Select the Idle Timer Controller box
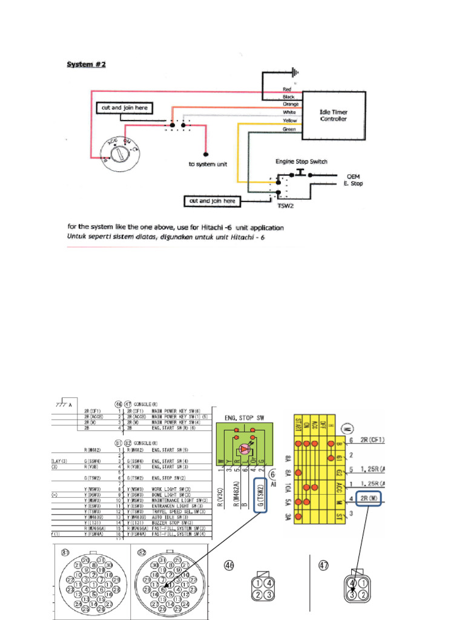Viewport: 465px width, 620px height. pos(334,116)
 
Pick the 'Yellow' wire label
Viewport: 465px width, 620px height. pos(290,120)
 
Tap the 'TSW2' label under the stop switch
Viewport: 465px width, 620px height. pos(285,206)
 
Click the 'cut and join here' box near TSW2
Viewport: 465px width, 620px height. pos(212,200)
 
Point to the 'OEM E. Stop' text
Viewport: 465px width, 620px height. pos(354,180)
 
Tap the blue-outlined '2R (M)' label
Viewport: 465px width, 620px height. pos(369,498)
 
